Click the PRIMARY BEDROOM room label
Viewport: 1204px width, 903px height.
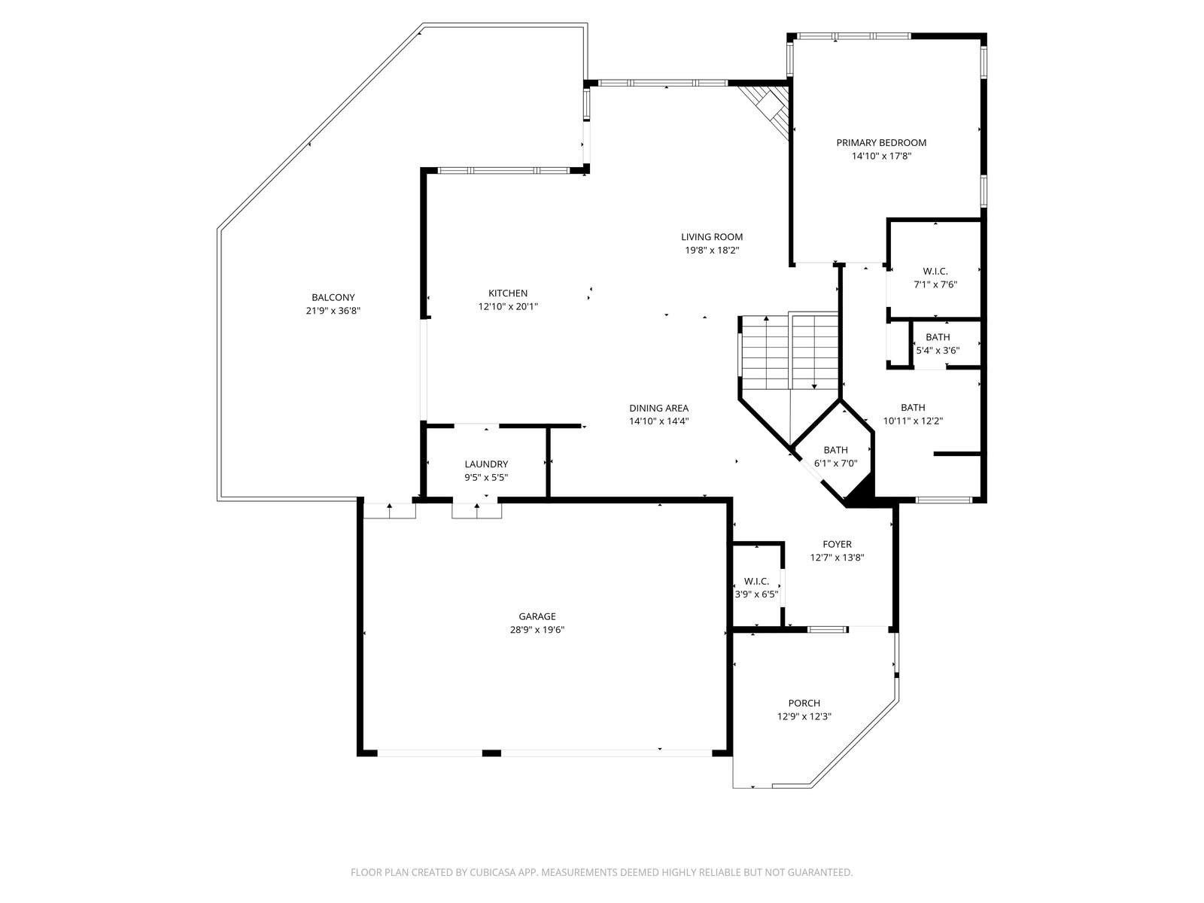click(x=881, y=142)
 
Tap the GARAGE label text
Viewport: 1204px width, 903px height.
click(x=537, y=617)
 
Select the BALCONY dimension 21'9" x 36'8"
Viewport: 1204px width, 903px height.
click(x=333, y=311)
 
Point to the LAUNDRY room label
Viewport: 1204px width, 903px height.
click(x=486, y=464)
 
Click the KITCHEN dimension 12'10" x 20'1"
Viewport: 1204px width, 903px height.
click(x=508, y=306)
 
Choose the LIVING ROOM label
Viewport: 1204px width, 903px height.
click(x=712, y=237)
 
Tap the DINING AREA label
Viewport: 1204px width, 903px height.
click(x=658, y=408)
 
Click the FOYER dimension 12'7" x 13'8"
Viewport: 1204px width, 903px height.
click(x=837, y=558)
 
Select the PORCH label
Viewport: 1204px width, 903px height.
click(x=804, y=703)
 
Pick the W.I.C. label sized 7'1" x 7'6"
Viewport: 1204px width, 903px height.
click(x=935, y=272)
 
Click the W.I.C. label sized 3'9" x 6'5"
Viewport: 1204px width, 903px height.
click(x=756, y=581)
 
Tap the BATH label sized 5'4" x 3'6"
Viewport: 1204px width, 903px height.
click(x=938, y=337)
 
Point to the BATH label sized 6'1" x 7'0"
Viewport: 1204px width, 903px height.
click(x=835, y=450)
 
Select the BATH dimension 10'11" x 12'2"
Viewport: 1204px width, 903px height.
click(x=913, y=421)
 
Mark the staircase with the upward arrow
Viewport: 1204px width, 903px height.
click(x=766, y=353)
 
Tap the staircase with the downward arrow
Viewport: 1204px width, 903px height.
click(x=814, y=351)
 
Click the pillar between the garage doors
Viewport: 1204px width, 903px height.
click(x=491, y=752)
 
